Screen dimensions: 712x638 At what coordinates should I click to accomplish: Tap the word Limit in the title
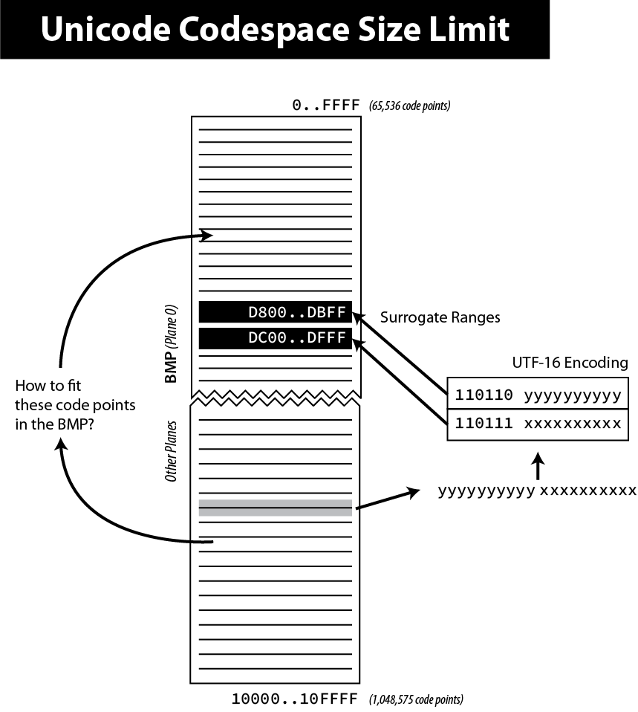(475, 30)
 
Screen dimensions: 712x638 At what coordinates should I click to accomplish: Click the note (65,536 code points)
(409, 106)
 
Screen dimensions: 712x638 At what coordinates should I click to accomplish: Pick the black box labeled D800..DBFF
(276, 312)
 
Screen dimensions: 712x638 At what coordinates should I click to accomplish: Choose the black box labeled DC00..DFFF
(276, 338)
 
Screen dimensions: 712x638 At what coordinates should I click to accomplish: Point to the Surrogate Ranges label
(440, 317)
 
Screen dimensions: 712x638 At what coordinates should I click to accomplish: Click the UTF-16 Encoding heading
(570, 363)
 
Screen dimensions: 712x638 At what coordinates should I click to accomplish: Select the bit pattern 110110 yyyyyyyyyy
(538, 395)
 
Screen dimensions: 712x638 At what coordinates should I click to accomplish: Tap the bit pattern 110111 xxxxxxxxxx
(538, 424)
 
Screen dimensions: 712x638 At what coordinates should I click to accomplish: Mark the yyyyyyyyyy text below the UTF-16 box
(486, 491)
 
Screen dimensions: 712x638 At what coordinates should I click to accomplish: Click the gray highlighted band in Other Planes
(276, 508)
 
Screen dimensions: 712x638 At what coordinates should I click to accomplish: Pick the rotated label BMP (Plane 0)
(171, 343)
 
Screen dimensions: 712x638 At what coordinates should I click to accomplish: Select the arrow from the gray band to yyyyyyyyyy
(386, 500)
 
